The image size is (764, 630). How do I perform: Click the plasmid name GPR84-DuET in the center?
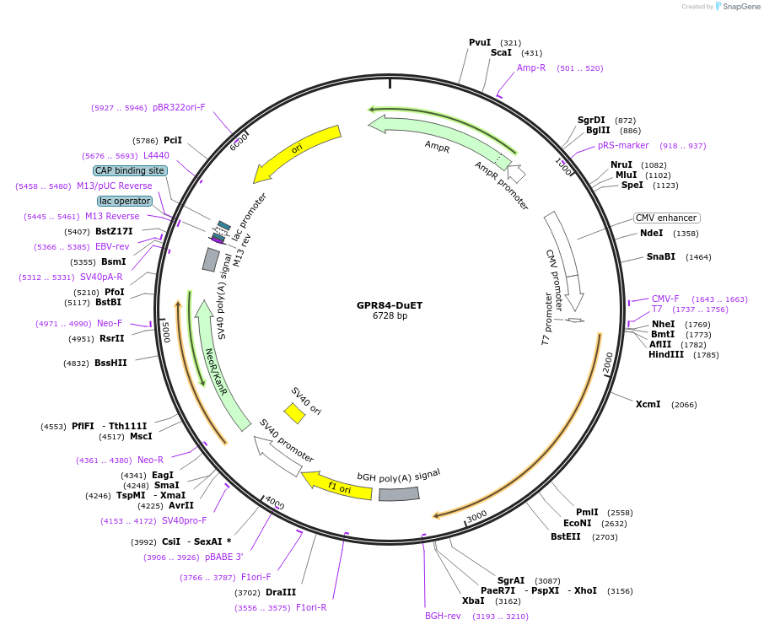click(x=390, y=305)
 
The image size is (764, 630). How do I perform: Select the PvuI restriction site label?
click(x=480, y=42)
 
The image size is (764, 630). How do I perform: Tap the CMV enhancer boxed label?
click(x=666, y=218)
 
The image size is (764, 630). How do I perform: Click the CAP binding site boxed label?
click(x=130, y=170)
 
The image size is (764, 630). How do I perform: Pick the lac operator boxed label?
click(x=125, y=201)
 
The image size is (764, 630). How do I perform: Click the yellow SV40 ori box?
click(x=294, y=413)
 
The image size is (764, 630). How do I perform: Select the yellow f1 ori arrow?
click(x=336, y=486)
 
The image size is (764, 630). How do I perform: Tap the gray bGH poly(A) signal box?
click(x=399, y=493)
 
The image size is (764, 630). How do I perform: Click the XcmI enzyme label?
click(x=648, y=405)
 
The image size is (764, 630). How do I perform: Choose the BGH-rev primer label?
click(x=443, y=616)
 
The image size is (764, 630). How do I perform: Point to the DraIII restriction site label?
click(x=281, y=592)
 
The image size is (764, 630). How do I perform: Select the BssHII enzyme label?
click(x=110, y=363)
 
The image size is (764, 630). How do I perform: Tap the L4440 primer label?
click(x=156, y=155)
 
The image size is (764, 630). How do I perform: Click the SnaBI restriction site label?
click(x=661, y=256)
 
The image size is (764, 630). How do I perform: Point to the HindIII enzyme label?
click(x=666, y=354)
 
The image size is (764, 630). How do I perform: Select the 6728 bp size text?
click(x=390, y=316)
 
